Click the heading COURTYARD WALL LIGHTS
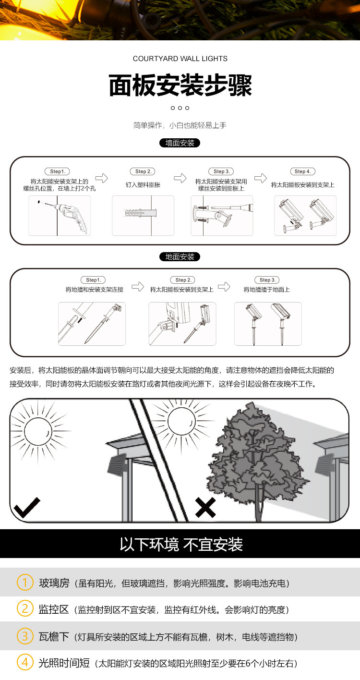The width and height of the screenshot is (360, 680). point(180,59)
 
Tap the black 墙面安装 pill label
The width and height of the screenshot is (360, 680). point(180,143)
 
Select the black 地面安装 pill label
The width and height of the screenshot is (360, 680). point(180,257)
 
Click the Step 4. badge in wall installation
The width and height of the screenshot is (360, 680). point(302,171)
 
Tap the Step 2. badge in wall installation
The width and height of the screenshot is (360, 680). point(143,171)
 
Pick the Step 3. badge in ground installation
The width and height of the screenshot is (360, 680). point(267,280)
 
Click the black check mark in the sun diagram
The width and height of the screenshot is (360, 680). point(27,508)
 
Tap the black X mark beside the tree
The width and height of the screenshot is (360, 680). point(205,508)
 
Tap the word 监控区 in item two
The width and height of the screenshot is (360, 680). point(54,610)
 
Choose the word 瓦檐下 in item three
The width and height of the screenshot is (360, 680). point(54,637)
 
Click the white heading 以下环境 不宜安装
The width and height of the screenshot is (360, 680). point(181,545)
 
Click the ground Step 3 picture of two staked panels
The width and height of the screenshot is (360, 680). point(268,324)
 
